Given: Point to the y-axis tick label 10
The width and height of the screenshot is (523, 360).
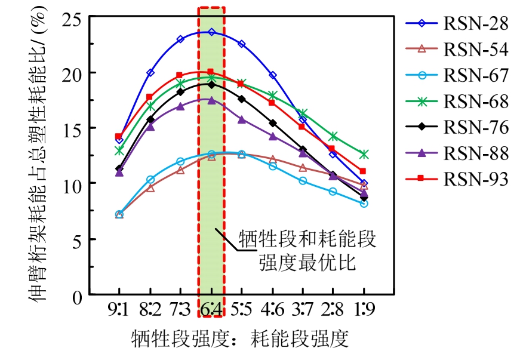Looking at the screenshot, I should point(72,183).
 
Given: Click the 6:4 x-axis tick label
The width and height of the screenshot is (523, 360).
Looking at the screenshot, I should point(211,311).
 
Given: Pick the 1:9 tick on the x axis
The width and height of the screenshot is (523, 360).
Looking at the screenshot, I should point(364,311).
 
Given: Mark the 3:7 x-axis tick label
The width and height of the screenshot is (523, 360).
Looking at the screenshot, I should point(303,311).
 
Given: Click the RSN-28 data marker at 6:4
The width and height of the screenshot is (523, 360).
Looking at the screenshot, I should point(211,32).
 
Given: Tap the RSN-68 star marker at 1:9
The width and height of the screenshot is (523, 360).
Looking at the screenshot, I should point(364,154).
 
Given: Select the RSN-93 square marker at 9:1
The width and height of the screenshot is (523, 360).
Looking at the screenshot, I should point(119,137).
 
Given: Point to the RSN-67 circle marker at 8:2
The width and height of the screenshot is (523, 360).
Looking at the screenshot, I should point(150,179).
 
